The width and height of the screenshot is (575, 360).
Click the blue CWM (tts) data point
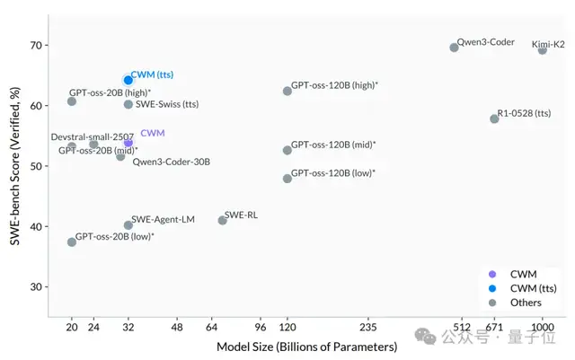tap(128, 80)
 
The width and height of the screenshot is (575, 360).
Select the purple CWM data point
tap(128, 143)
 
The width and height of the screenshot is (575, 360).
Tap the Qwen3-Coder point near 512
tap(454, 48)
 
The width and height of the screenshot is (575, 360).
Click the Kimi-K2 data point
tap(542, 50)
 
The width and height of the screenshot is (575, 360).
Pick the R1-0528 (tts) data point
tap(494, 119)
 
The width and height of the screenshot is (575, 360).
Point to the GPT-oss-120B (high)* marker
tap(287, 91)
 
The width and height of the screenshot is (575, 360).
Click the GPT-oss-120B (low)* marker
tap(287, 179)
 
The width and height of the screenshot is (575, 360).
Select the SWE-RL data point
tap(222, 220)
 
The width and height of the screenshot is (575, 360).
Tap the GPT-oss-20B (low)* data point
tap(72, 242)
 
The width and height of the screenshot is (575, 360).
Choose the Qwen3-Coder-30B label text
tap(171, 162)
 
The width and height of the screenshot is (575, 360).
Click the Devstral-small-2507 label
tap(92, 136)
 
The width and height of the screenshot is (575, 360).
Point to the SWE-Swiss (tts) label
tap(167, 104)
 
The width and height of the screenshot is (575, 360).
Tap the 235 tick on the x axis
tap(367, 327)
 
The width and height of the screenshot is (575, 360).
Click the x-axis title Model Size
tap(306, 347)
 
